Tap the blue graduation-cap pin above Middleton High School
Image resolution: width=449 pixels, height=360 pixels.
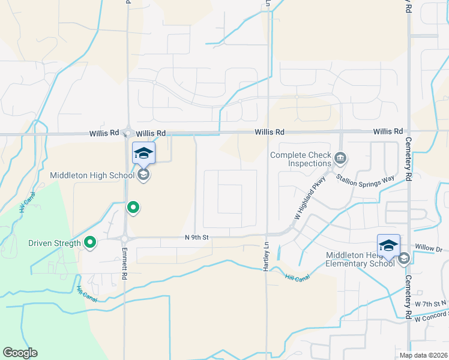click(143, 154)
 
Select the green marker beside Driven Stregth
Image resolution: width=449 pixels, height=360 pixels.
click(90, 242)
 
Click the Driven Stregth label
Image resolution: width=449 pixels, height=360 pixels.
click(54, 244)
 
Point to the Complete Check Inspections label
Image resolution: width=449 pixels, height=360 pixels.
click(301, 159)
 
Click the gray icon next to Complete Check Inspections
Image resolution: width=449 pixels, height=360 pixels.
click(340, 158)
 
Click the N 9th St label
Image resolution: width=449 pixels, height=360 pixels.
click(197, 238)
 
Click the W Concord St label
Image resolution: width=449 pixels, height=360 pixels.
click(431, 315)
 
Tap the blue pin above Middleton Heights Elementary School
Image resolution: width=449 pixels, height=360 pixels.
click(388, 246)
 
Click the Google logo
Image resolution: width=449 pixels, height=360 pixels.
click(20, 352)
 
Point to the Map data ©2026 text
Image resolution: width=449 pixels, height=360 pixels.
click(423, 355)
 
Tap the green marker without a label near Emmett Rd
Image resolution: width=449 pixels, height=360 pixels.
click(133, 208)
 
